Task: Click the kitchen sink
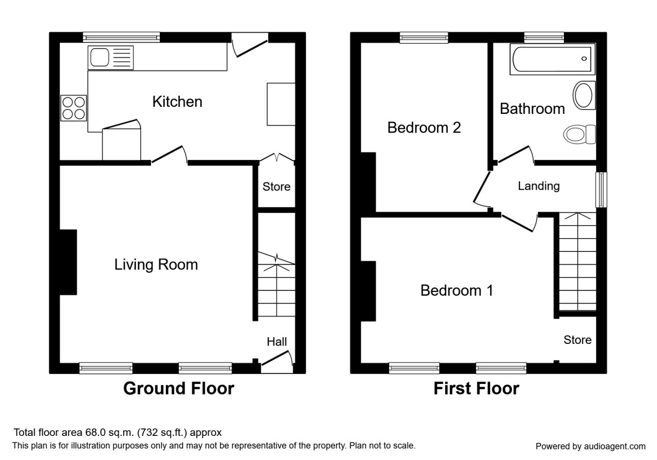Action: tap(110, 56)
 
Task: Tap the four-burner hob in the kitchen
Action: tap(74, 107)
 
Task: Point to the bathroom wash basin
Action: tap(584, 96)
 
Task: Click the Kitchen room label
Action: tap(177, 102)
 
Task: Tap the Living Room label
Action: tap(156, 265)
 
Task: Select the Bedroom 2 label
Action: tap(424, 128)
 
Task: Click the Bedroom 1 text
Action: tap(457, 290)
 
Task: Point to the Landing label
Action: tap(539, 186)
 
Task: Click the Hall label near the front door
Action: tap(276, 342)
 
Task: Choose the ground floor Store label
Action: tap(276, 187)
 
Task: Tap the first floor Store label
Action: tap(578, 340)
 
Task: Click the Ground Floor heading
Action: tap(178, 389)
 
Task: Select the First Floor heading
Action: tap(476, 389)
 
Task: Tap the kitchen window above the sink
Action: tap(122, 37)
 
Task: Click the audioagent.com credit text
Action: tap(590, 446)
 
